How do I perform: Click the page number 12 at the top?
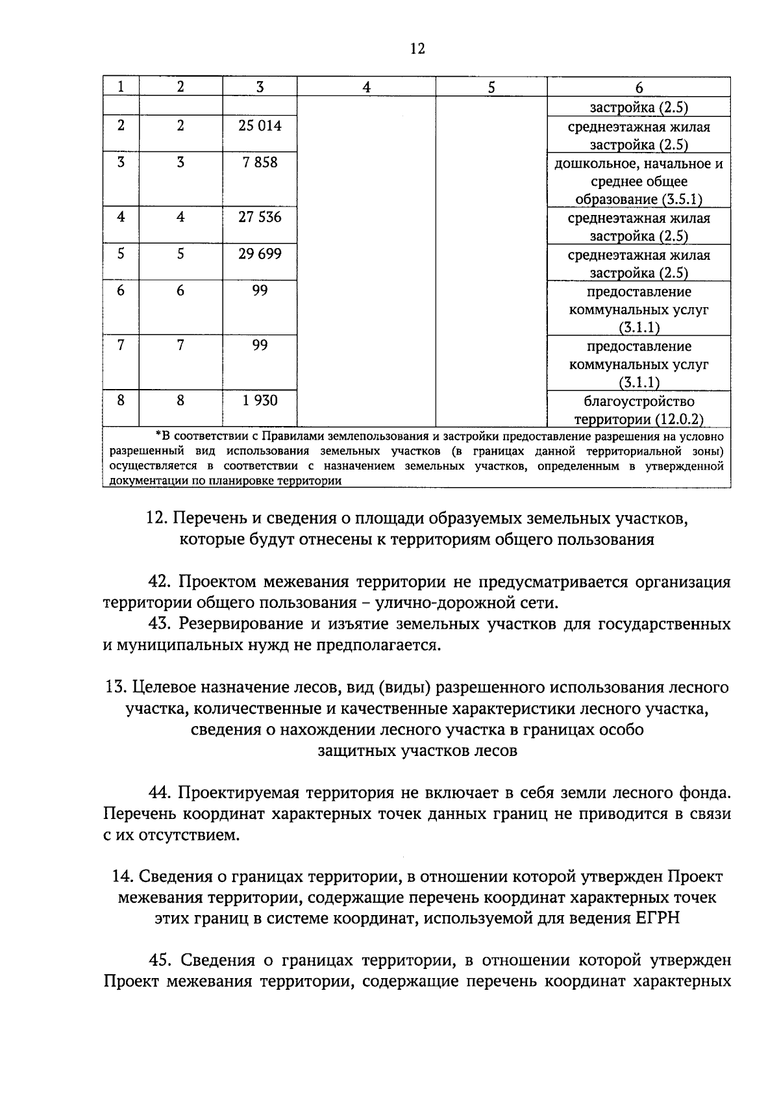417,49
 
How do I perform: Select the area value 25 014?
260,126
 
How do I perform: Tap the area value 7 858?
260,162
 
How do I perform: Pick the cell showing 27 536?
260,217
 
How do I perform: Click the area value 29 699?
260,254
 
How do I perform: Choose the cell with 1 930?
260,401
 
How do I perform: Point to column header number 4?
366,87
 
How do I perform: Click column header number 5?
491,87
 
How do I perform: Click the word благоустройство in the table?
639,402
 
